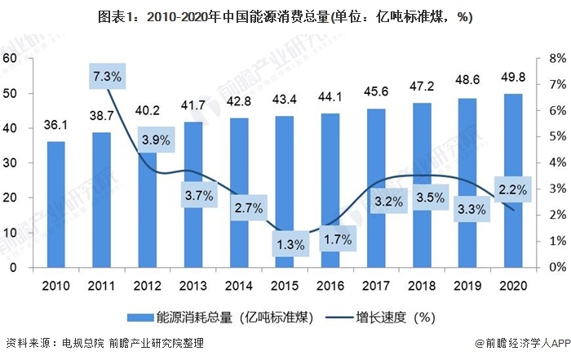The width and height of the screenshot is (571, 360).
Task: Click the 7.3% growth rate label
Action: pos(107,77)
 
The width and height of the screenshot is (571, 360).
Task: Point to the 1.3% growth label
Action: pos(290,244)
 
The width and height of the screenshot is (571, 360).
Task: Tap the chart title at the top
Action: pos(285,16)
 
